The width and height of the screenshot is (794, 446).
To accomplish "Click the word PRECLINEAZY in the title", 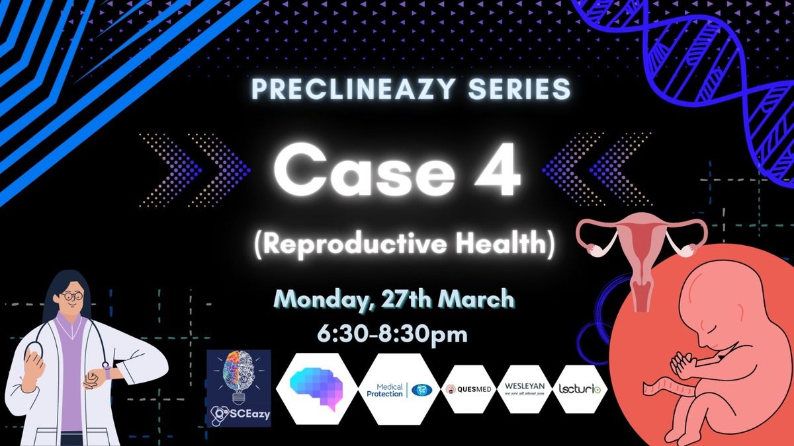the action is (353, 89).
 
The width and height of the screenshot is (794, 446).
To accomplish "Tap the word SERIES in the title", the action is (519, 89).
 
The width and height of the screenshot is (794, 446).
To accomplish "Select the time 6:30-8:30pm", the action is (392, 334).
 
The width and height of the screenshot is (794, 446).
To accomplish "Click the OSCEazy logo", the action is (239, 389).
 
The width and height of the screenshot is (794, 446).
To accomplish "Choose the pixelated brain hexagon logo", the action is (316, 389).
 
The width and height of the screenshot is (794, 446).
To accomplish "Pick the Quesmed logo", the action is (469, 389).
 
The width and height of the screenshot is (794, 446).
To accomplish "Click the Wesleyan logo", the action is (525, 389).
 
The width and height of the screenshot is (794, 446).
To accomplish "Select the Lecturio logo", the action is (580, 389).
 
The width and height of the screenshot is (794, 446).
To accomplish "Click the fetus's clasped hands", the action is (682, 365).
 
